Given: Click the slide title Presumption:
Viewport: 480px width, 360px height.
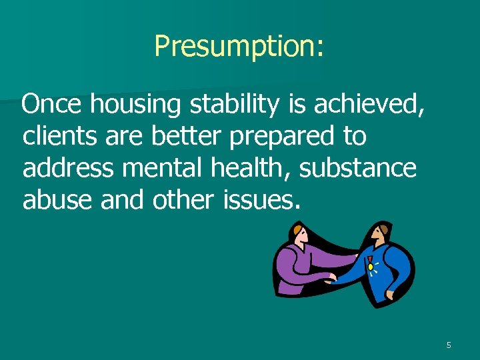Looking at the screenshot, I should [x=239, y=47].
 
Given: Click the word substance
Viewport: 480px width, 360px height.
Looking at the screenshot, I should [x=358, y=168].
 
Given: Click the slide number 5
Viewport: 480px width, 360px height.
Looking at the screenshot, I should [x=449, y=345].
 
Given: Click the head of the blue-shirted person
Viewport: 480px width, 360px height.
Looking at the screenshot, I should [x=380, y=235].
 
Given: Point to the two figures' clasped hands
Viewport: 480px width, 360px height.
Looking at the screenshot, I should [x=331, y=279].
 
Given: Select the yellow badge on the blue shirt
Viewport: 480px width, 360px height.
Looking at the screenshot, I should [x=370, y=267].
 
